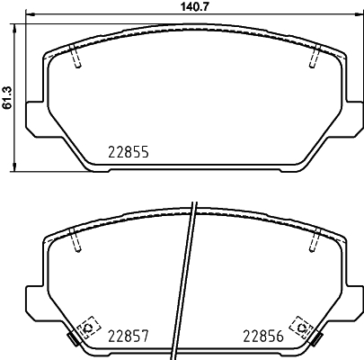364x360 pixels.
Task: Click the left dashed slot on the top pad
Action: click(x=75, y=57)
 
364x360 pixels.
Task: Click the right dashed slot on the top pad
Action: click(x=314, y=57)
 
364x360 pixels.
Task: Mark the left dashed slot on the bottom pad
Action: click(x=75, y=239)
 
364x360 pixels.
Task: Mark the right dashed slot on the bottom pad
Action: click(x=314, y=239)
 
